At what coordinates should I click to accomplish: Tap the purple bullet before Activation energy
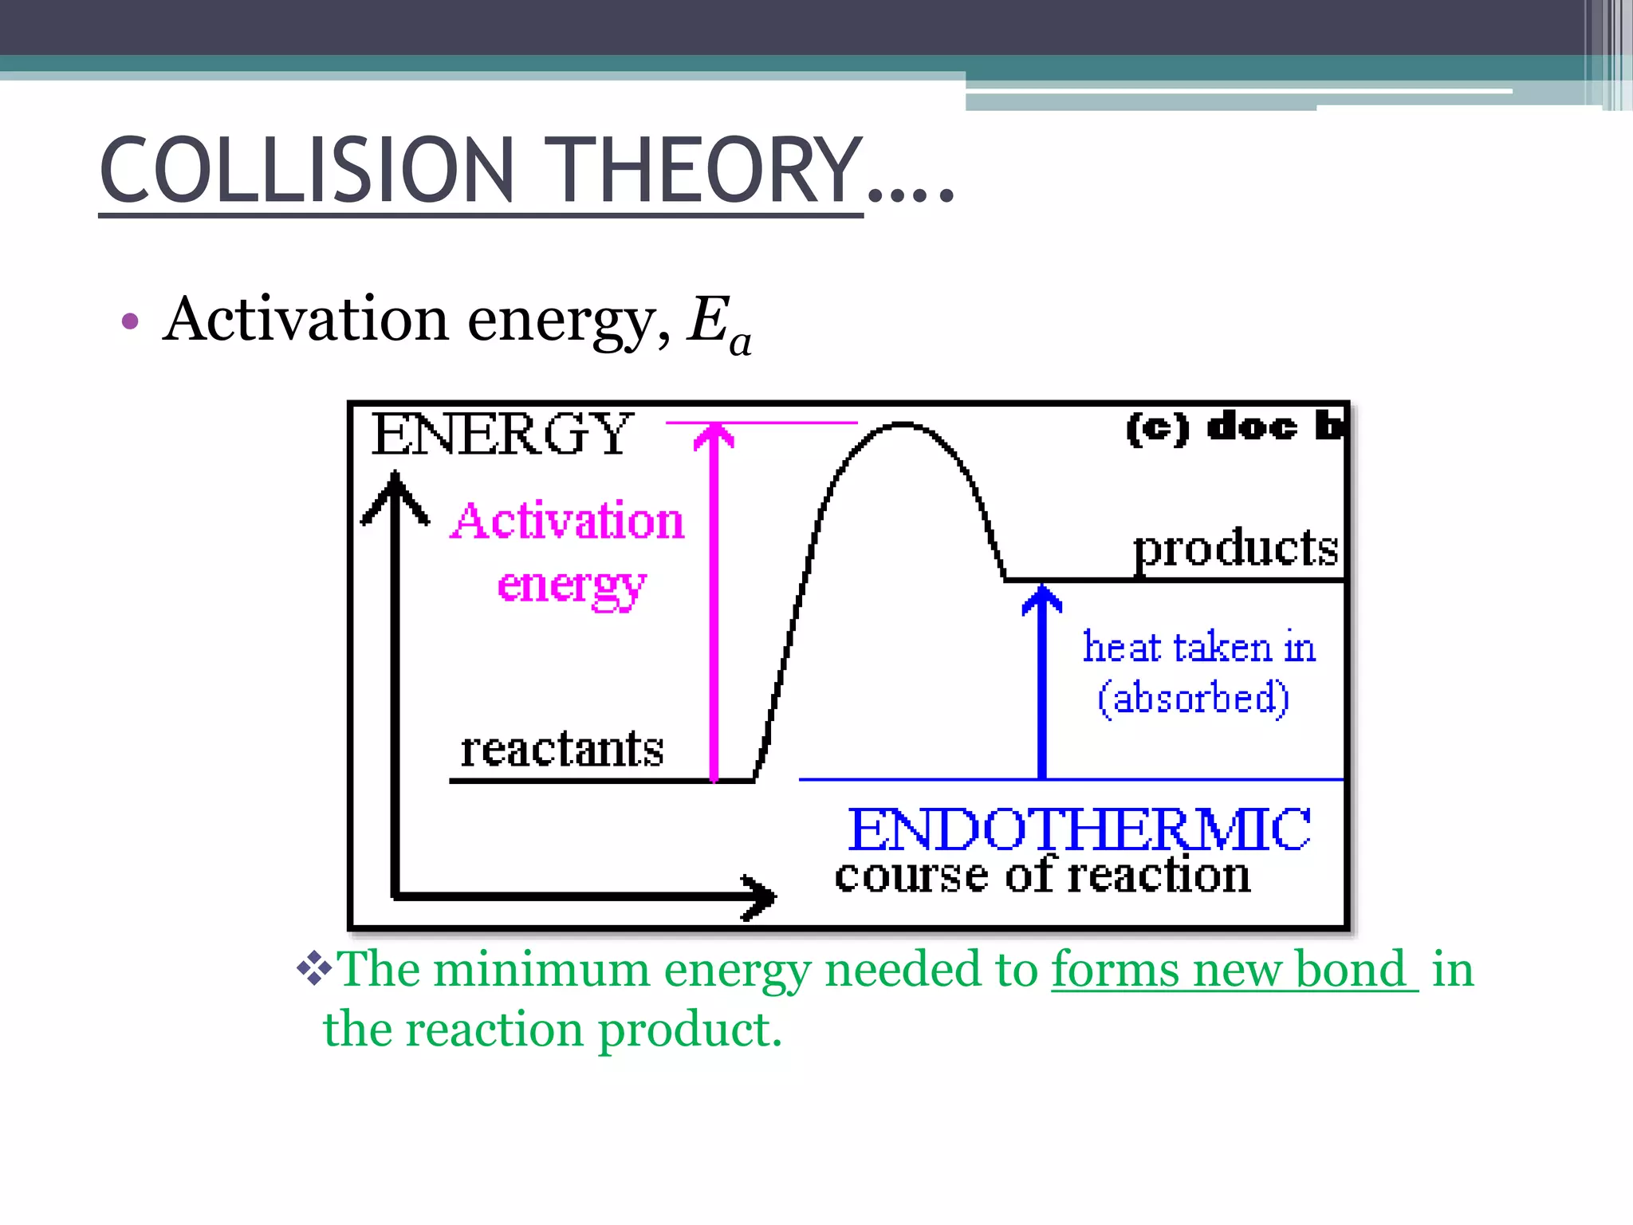click(x=130, y=322)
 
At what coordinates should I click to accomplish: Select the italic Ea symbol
click(x=718, y=324)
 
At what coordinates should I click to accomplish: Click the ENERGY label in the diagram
click(x=502, y=435)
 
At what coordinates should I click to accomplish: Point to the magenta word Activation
click(x=568, y=522)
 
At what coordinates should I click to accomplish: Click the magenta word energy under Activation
click(x=571, y=586)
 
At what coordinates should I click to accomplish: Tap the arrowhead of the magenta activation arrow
click(x=714, y=437)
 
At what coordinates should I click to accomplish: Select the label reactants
click(x=561, y=750)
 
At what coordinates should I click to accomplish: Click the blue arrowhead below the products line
click(x=1041, y=598)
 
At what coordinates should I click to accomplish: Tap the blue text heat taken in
click(x=1198, y=647)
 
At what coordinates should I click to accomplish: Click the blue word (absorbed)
click(x=1193, y=698)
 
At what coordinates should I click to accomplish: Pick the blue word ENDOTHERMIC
click(x=1078, y=829)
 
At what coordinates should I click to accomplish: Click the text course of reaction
click(x=1042, y=876)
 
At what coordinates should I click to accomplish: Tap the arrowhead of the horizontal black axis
click(x=761, y=896)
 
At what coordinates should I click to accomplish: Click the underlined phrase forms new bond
click(x=1234, y=970)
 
